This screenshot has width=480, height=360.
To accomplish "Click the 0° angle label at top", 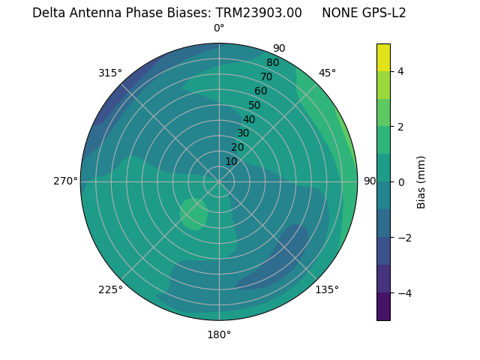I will (219, 28).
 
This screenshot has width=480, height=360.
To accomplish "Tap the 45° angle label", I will (328, 73).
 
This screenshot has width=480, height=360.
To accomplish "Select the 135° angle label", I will (327, 289).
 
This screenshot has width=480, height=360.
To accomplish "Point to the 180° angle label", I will (219, 334).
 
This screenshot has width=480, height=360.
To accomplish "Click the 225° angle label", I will (110, 289).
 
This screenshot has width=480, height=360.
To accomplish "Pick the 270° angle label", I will (66, 181).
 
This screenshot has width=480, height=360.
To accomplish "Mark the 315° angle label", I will (110, 73).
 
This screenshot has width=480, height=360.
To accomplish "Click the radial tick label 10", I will (231, 161).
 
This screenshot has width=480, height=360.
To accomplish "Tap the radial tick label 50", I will (255, 105).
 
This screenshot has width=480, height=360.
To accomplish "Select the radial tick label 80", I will (273, 62).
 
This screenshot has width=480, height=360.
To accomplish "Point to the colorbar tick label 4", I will (401, 71).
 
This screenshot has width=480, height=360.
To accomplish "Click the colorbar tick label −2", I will (404, 238).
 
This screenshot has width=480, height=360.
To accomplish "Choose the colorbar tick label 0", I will (401, 182).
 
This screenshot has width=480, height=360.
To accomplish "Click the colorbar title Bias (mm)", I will (421, 182).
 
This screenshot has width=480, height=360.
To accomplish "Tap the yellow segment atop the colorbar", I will (383, 57).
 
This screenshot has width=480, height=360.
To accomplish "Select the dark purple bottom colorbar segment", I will (383, 307).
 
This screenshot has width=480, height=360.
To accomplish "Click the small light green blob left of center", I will (193, 214).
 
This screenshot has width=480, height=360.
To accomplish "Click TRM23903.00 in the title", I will (259, 13).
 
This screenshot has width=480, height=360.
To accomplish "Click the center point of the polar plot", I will (219, 181).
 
